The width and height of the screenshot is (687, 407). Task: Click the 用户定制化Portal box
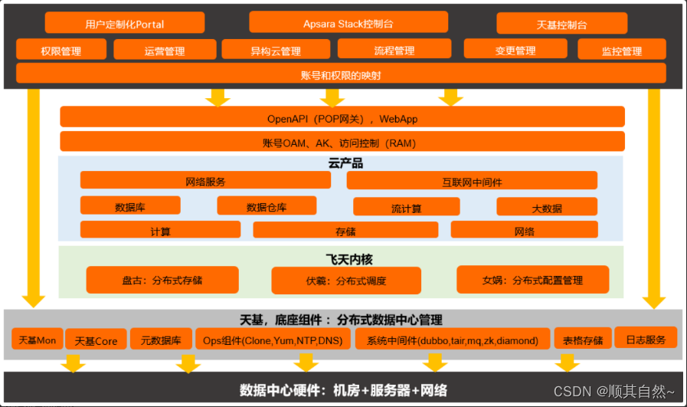tap(125, 23)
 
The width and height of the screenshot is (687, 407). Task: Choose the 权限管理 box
tap(61, 51)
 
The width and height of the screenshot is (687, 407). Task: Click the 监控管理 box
tap(621, 51)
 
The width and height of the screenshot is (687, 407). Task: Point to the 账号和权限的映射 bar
tap(341, 74)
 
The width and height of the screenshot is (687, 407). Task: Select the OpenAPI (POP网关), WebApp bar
tap(342, 118)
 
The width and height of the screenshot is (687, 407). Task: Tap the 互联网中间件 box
tap(472, 182)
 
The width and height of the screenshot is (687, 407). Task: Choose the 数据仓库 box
tap(267, 206)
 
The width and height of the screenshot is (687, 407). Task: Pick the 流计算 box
tap(406, 208)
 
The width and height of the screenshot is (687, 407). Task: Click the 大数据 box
tap(546, 208)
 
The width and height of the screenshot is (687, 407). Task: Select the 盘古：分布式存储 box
tap(162, 280)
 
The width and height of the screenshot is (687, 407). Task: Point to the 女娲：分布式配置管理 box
tap(532, 280)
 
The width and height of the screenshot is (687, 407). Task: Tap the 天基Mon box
tap(37, 340)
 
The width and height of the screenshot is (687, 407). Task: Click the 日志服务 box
tap(646, 338)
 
